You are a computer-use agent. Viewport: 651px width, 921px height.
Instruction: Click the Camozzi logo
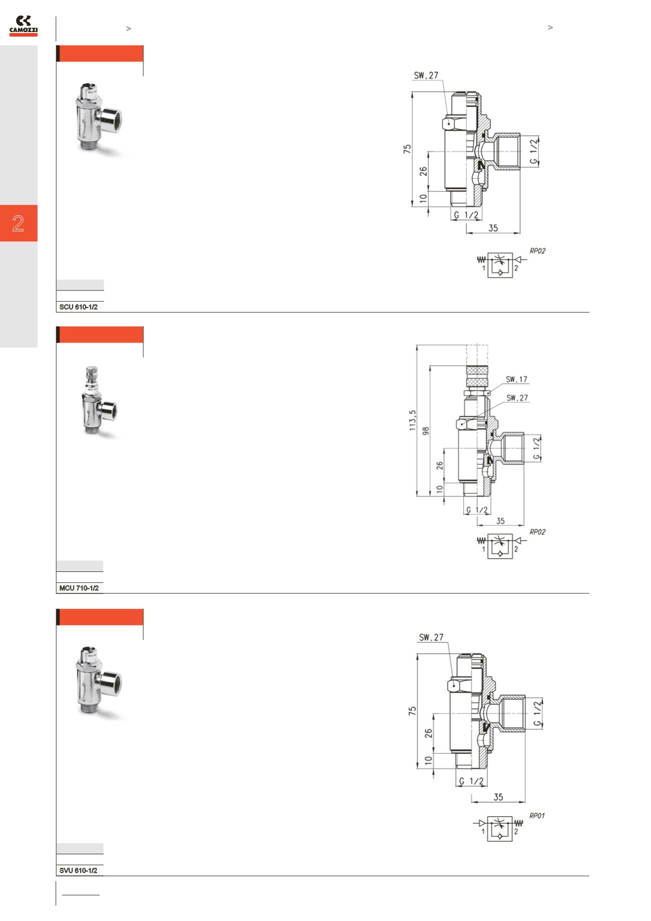coord(24,26)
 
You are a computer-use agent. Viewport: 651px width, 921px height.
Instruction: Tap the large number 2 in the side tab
coord(19,223)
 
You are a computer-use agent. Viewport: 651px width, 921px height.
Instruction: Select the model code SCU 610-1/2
coord(78,307)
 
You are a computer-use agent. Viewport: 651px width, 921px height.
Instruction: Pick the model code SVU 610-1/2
coord(78,870)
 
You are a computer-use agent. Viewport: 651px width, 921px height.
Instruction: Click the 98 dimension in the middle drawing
coord(426,431)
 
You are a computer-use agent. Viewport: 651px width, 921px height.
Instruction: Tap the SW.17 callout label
coord(517,379)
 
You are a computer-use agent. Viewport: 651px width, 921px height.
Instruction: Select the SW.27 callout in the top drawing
coord(426,76)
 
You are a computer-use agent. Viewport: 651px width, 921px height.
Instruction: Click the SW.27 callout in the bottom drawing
coord(431,638)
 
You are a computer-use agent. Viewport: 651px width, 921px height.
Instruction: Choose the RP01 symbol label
coord(537,815)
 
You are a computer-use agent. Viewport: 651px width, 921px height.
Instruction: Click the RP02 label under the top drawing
coord(537,251)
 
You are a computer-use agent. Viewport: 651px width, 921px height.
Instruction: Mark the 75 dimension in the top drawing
coord(408,149)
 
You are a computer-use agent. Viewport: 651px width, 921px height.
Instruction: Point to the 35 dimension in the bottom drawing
coord(498,797)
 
